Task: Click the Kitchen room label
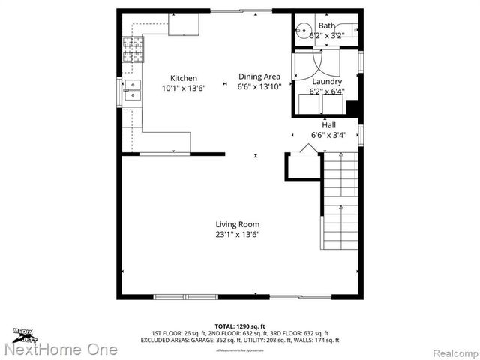point(184,78)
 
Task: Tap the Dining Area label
point(259,76)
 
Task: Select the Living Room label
point(237,224)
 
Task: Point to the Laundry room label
point(326,81)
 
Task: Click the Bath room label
point(326,25)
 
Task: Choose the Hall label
point(328,124)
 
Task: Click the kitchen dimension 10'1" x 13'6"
point(184,88)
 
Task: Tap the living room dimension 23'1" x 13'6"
point(237,234)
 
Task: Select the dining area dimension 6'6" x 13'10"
point(259,85)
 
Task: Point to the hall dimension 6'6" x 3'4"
point(328,135)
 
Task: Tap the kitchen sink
point(132,90)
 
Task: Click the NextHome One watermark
point(60,349)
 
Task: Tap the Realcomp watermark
point(448,350)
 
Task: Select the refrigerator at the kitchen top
point(183,24)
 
